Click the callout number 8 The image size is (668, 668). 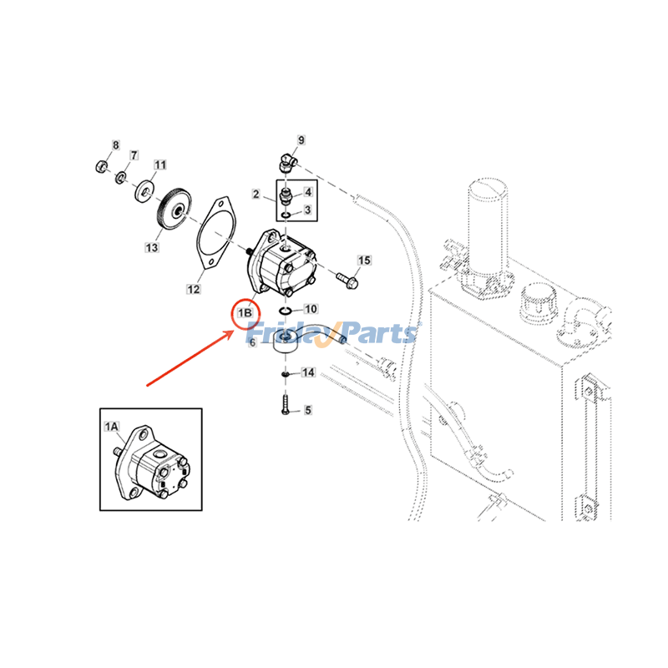click(x=116, y=145)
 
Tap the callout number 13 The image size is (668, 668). click(x=152, y=247)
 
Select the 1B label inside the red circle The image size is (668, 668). click(x=245, y=313)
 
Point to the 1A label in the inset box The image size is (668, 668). click(x=112, y=427)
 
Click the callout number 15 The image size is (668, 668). click(x=364, y=261)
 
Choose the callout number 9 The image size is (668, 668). click(x=301, y=140)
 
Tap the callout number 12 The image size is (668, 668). click(x=194, y=289)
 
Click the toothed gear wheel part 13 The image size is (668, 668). click(x=175, y=209)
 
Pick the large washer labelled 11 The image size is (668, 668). click(x=145, y=191)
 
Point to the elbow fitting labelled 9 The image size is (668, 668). click(x=287, y=162)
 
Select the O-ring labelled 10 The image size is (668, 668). click(x=286, y=310)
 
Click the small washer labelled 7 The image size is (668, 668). click(x=121, y=176)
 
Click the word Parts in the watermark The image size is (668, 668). click(x=378, y=333)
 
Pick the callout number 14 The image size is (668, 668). click(x=308, y=372)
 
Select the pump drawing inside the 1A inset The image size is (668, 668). click(x=152, y=463)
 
